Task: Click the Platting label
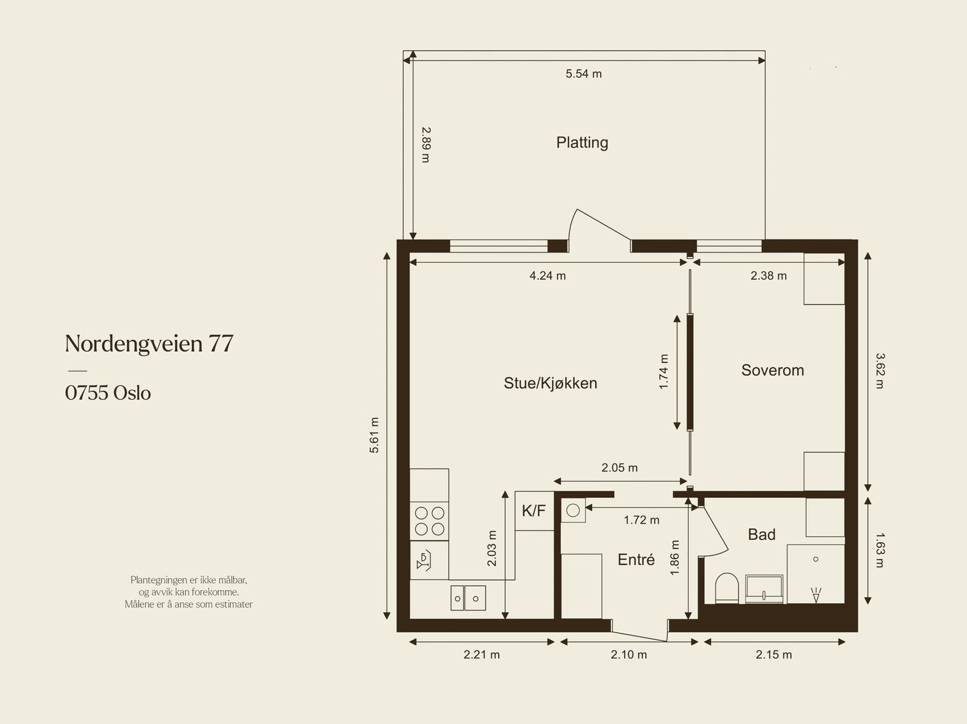(582, 143)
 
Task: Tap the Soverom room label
(772, 370)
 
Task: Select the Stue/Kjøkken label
(550, 383)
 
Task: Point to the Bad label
(762, 535)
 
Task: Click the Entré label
(636, 559)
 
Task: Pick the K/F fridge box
(534, 511)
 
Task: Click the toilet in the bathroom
(726, 588)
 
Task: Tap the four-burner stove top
(430, 521)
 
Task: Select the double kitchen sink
(468, 598)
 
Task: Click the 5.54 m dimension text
(583, 74)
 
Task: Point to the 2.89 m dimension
(426, 144)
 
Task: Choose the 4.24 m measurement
(547, 276)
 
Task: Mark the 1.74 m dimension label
(664, 372)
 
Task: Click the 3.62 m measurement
(880, 371)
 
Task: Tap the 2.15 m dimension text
(774, 655)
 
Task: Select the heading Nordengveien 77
(149, 343)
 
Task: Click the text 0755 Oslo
(108, 393)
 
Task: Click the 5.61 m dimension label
(374, 435)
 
